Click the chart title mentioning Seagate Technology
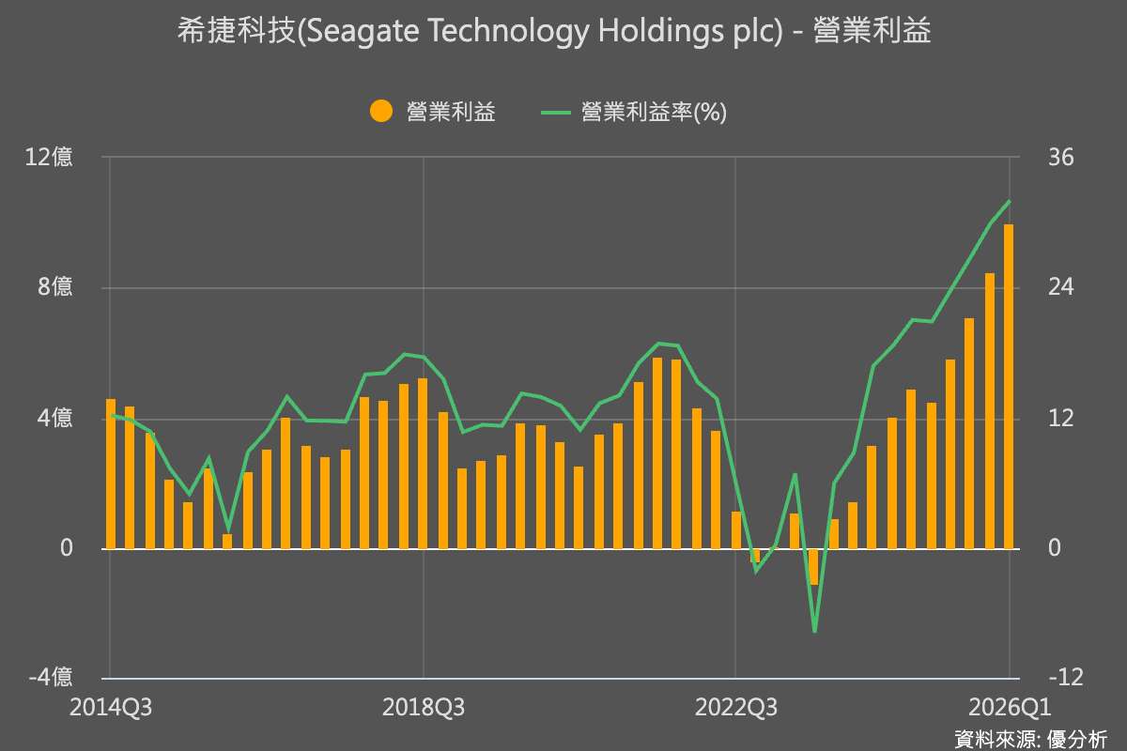[x=554, y=32]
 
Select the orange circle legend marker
[x=380, y=112]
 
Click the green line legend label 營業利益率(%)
[x=654, y=112]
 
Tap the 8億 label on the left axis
[x=54, y=288]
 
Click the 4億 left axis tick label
[x=54, y=419]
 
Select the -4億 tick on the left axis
[x=51, y=678]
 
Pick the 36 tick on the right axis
[x=1060, y=158]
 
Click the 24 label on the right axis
[x=1060, y=288]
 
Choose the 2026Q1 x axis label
[x=1007, y=707]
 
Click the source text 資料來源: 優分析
[x=1030, y=738]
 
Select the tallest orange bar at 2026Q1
[x=1009, y=385]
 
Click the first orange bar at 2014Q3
[x=111, y=474]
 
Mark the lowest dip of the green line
[x=814, y=631]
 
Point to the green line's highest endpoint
[x=1010, y=201]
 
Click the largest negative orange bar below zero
[x=813, y=566]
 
